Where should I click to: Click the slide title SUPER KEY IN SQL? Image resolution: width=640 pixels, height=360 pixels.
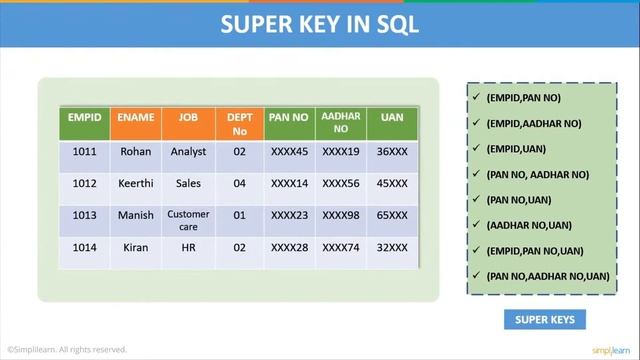[x=320, y=24]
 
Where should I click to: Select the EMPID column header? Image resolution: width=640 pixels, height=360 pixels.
[x=85, y=118]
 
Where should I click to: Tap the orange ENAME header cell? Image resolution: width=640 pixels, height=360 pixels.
[x=136, y=118]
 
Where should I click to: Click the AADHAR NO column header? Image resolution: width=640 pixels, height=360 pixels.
[x=341, y=123]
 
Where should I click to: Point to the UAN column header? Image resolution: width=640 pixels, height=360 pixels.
[x=392, y=118]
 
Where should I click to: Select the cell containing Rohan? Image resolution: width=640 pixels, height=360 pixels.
[x=136, y=152]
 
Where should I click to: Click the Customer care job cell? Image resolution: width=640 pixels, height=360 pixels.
[x=188, y=220]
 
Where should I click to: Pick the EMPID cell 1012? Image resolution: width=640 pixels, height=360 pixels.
[x=85, y=184]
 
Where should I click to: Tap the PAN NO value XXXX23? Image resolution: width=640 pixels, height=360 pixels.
[x=290, y=215]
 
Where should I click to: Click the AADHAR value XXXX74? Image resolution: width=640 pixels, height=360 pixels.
[x=341, y=248]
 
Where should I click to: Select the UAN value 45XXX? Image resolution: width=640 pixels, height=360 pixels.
[x=392, y=184]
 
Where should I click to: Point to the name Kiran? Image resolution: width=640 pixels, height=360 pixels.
[x=136, y=248]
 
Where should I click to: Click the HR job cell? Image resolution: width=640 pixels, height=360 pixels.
[x=188, y=248]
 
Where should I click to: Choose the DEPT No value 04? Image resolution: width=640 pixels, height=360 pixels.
[x=239, y=184]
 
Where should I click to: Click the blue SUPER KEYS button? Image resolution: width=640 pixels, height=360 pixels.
[x=545, y=320]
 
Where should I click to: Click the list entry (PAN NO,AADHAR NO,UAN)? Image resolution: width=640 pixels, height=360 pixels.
[x=547, y=276]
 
